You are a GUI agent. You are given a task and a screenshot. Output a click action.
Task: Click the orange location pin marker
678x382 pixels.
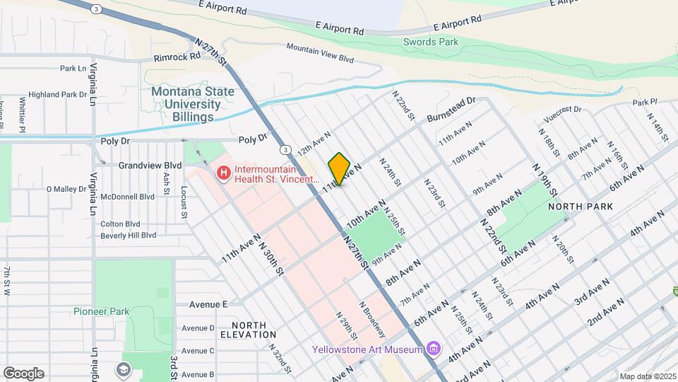point(339,169)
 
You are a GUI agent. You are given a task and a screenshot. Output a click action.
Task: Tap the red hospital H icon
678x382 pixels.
point(224,173)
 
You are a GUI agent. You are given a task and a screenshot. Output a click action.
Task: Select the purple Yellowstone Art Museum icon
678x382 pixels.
point(434,349)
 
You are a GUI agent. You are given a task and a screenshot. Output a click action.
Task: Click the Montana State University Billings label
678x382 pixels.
point(186,104)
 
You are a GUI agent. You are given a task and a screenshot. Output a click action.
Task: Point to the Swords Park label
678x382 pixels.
point(431,42)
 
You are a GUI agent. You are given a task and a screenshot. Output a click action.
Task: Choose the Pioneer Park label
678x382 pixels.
point(101,311)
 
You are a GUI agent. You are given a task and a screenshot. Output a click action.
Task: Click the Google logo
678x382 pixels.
point(23,373)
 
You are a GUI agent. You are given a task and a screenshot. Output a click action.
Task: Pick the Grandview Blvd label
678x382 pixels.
point(150,166)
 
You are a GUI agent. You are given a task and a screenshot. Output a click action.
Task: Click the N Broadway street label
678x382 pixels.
point(372,320)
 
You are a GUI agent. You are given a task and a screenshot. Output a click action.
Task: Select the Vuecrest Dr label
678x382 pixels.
point(562,110)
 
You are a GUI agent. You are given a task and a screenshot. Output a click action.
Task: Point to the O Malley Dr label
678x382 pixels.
point(70,189)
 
